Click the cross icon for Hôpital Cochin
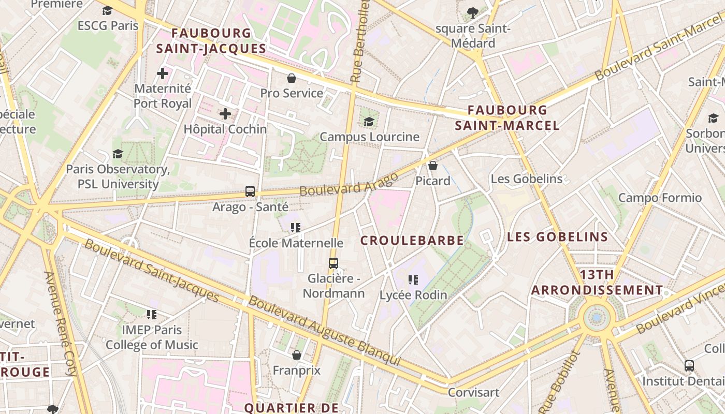225,114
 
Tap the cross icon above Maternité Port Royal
163,73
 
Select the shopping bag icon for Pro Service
292,78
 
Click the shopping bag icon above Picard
433,166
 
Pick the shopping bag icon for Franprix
297,355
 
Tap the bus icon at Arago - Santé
250,191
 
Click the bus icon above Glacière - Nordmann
334,263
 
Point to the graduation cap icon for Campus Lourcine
369,122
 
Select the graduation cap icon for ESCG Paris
108,10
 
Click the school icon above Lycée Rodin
413,280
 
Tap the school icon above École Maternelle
296,227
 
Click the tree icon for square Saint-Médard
472,13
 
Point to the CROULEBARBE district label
412,241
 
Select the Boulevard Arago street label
349,184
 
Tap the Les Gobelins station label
526,179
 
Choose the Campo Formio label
660,198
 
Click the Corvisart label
473,392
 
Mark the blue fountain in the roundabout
597,317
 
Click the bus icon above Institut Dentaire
689,366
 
